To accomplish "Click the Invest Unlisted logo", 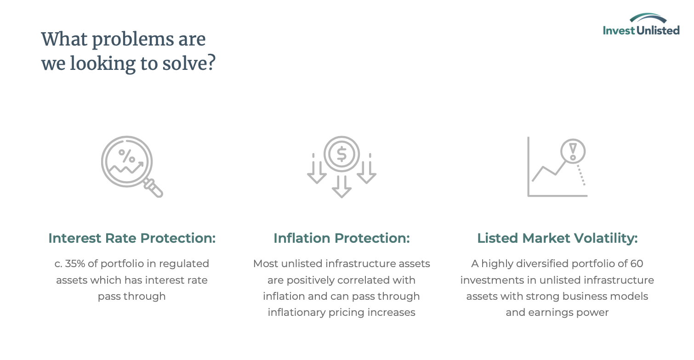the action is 641,24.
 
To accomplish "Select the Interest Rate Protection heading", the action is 132,238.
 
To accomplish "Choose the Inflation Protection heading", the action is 341,238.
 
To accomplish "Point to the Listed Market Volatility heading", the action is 557,238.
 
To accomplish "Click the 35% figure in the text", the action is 75,263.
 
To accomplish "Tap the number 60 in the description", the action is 637,263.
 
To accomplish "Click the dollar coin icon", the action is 341,154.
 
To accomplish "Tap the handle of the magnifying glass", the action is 153,188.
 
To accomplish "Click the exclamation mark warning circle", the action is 573,151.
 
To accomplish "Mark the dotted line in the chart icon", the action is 581,175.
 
